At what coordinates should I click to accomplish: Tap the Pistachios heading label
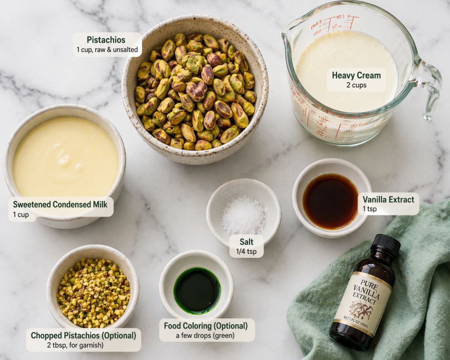(106, 40)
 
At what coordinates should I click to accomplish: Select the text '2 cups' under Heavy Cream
(356, 85)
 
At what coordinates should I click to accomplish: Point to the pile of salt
(244, 215)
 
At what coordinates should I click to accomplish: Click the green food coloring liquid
(197, 290)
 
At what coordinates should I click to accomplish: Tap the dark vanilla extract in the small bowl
(330, 201)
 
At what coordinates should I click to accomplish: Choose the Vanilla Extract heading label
(388, 200)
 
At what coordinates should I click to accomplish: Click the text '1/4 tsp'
(246, 252)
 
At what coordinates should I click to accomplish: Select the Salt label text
(247, 242)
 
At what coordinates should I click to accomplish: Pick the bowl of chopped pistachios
(93, 287)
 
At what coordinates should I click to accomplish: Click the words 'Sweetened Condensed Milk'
(60, 204)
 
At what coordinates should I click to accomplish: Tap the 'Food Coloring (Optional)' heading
(206, 326)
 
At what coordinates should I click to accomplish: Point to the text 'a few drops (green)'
(205, 335)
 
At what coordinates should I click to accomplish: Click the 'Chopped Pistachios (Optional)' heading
(83, 335)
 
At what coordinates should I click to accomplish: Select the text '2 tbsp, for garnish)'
(75, 345)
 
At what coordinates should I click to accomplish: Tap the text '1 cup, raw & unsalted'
(107, 50)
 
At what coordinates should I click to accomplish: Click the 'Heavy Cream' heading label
(356, 75)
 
